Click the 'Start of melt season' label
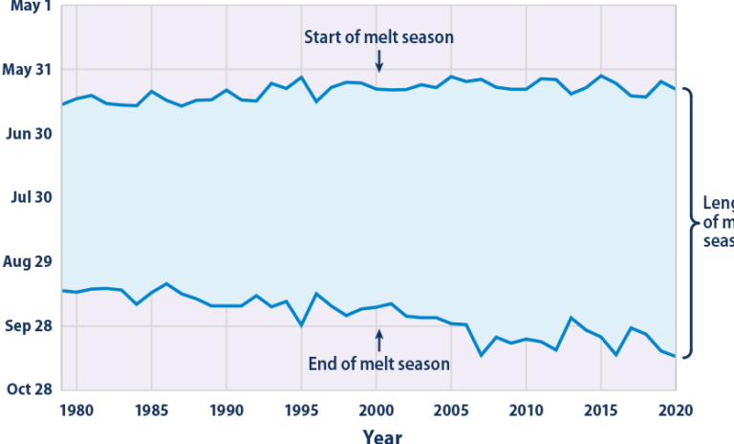click(x=378, y=37)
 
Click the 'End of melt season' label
click(x=378, y=364)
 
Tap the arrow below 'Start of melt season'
click(x=378, y=61)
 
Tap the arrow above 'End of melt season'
click(x=378, y=340)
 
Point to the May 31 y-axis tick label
click(x=28, y=70)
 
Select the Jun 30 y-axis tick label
click(x=29, y=134)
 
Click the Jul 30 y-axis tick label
click(x=30, y=197)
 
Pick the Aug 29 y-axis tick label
click(x=28, y=261)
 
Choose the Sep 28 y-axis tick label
click(x=28, y=325)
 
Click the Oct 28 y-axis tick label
click(x=29, y=389)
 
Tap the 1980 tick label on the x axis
click(x=76, y=411)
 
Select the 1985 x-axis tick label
click(x=151, y=411)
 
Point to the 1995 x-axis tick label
click(x=301, y=411)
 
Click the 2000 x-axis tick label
click(x=376, y=411)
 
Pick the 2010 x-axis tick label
click(x=526, y=411)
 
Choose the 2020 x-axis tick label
click(x=675, y=411)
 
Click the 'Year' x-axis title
click(x=382, y=435)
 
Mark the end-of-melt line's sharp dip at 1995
click(x=301, y=325)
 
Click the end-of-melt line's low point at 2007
click(x=481, y=355)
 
